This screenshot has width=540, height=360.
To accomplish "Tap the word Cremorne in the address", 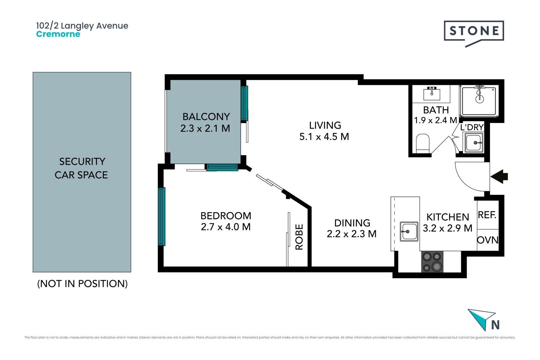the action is coord(58,34).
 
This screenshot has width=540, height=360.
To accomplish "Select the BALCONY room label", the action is coord(206,116).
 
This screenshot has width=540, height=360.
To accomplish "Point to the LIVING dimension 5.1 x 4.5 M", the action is coord(324,137).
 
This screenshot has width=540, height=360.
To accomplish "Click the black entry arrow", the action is coord(499,177).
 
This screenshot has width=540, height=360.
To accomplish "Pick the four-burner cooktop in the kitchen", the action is coord(432,262).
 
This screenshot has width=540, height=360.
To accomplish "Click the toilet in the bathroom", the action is coord(423,143).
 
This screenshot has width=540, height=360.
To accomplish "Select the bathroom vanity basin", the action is coord(432,93).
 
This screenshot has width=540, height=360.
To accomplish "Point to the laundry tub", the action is coord(474,143).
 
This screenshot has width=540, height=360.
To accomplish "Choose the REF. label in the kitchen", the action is coord(487,215).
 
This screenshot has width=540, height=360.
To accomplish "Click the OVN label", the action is coord(488,240).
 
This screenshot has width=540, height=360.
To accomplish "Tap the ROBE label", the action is coord(299,237).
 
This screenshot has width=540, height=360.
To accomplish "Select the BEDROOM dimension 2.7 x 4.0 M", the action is coord(226,227).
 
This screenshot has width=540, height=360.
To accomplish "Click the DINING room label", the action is coord(352,223).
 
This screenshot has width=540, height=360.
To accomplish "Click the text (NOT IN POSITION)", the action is coord(82,284).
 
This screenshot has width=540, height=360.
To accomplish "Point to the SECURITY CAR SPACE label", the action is coord(81,168).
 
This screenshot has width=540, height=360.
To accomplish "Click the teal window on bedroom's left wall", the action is coord(161,217).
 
